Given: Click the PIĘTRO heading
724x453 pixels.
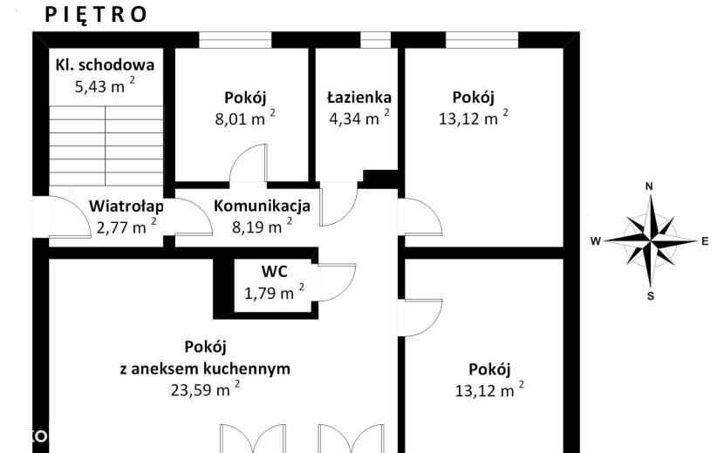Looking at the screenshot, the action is (96, 14).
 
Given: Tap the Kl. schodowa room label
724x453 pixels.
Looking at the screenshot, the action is (105, 64).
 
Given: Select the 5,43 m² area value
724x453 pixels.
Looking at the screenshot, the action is (105, 85).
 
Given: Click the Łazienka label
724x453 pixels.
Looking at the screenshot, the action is (359, 98).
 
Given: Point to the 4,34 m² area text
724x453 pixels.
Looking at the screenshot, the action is (359, 118).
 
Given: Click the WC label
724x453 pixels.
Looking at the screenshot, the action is (274, 271).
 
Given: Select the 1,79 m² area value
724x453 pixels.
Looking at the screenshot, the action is (274, 292).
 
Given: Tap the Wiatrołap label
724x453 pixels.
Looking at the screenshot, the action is (126, 206).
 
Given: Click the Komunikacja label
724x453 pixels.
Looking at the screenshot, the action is (262, 206).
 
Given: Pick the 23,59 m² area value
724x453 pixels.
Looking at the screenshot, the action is (206, 389).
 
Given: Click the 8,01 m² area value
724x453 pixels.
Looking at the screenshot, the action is (245, 118).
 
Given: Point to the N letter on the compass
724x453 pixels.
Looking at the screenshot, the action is (649, 186).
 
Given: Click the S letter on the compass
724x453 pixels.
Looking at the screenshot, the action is (651, 296).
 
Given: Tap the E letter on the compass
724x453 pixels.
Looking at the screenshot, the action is (705, 240).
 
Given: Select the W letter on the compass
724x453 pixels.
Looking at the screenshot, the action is (596, 240).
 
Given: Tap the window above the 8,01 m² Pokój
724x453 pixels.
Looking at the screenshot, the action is (235, 40).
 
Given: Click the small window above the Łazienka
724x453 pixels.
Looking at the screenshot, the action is (375, 40).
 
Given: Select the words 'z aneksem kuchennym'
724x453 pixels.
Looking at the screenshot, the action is (205, 368).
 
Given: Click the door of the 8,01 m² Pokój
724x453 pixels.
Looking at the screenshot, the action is (249, 164).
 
